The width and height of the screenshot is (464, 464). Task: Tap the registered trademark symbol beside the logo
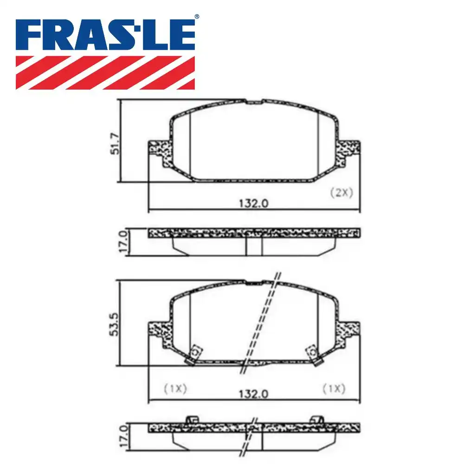197,17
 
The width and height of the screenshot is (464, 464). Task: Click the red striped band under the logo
105,72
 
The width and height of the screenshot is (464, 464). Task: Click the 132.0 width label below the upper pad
254,203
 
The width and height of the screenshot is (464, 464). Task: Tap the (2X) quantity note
341,193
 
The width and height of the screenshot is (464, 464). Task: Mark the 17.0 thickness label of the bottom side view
122,436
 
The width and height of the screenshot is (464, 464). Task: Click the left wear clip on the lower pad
193,354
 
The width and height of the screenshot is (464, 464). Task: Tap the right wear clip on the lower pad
315,354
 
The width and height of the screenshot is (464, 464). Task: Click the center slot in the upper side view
254,246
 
